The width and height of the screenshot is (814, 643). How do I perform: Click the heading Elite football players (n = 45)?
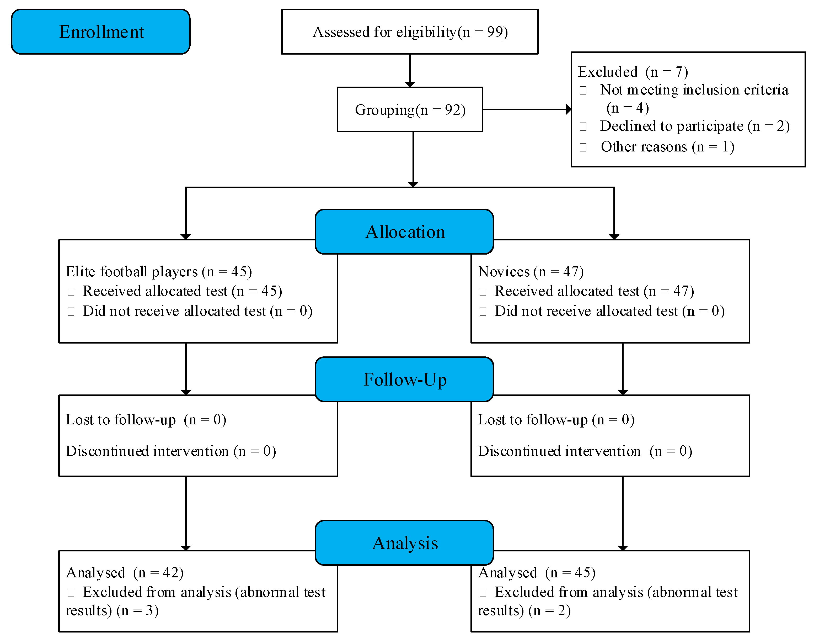coord(158,271)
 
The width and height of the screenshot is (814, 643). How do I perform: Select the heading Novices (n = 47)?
coord(530,271)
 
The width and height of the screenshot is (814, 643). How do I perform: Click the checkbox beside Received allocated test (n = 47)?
coord(483,291)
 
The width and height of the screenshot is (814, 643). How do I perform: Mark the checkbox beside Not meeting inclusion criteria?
coord(583,90)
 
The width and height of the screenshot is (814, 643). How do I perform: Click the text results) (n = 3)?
coord(112,610)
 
